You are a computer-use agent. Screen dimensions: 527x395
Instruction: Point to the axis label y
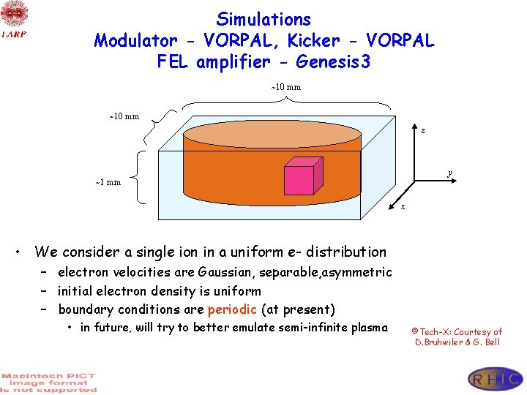449,173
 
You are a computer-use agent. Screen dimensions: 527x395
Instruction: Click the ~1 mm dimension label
108,182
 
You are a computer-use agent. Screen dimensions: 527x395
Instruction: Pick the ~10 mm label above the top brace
286,88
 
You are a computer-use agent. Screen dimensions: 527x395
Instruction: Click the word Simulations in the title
263,19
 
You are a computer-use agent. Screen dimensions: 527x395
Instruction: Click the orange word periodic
231,309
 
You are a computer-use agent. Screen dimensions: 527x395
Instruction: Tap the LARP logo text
14,34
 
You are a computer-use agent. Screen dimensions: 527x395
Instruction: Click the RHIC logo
496,378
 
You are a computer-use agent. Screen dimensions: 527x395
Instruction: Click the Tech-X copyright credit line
457,331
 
